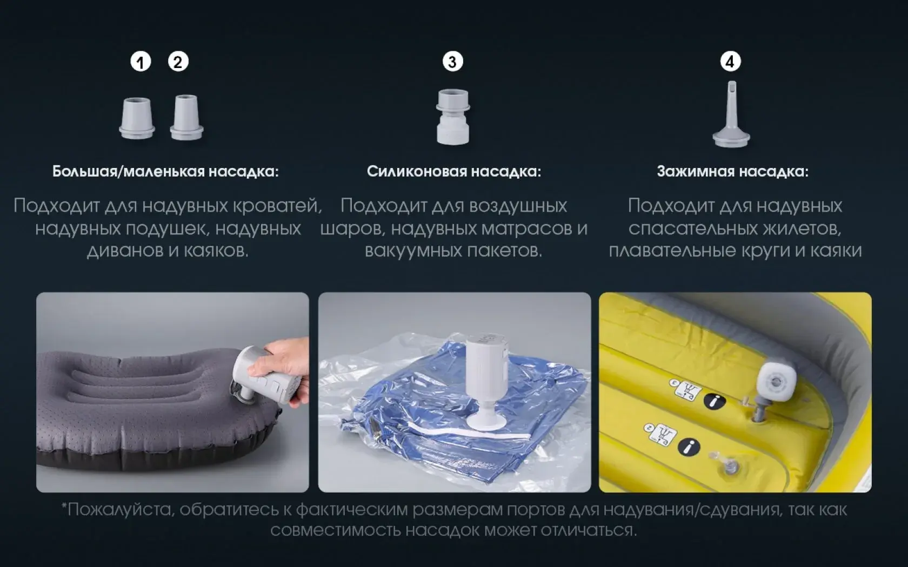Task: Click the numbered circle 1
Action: click(x=141, y=63)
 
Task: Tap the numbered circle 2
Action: click(x=178, y=62)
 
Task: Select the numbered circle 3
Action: click(x=452, y=62)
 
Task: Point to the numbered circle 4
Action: click(x=731, y=62)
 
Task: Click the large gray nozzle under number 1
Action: click(x=137, y=118)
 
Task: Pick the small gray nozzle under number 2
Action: click(x=186, y=118)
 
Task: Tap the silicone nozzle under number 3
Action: click(x=453, y=117)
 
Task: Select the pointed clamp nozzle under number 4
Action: click(x=731, y=114)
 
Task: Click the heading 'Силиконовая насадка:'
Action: click(x=454, y=172)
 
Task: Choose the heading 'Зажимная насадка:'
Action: click(x=732, y=172)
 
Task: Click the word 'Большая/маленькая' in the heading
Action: click(x=129, y=172)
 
